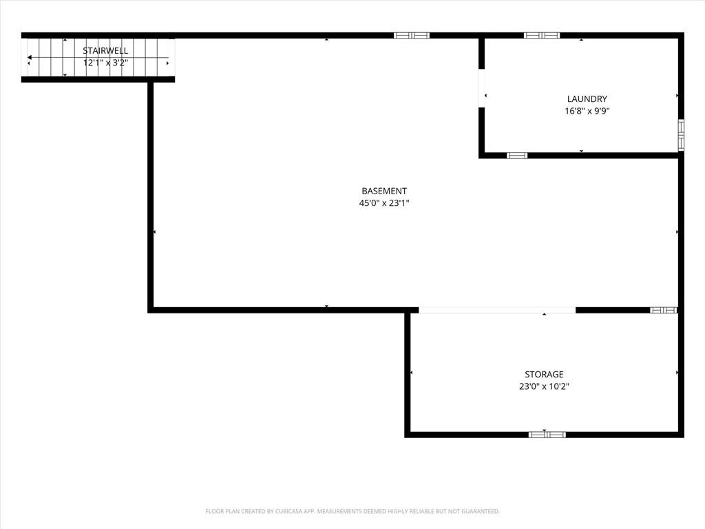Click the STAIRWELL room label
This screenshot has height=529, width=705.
click(x=105, y=50)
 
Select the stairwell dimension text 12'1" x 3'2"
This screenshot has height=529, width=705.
click(x=105, y=63)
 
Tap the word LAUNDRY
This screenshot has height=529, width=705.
click(x=587, y=99)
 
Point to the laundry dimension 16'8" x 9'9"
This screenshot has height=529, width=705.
click(x=587, y=111)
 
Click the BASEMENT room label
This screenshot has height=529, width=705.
click(x=384, y=191)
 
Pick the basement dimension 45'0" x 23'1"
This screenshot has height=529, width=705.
click(x=384, y=203)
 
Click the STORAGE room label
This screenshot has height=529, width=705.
click(x=544, y=374)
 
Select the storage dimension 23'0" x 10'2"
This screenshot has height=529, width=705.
click(x=544, y=386)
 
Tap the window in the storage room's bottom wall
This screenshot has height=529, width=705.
click(x=547, y=435)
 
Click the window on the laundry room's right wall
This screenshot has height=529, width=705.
click(x=681, y=135)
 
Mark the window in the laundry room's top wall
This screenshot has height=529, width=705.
click(x=542, y=36)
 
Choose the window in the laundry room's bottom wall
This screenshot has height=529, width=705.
click(x=517, y=156)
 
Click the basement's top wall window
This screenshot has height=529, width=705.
click(x=412, y=36)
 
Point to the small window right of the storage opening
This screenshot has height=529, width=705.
click(x=664, y=310)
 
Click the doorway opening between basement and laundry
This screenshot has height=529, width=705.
click(x=481, y=87)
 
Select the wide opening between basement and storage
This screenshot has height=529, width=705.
click(x=497, y=310)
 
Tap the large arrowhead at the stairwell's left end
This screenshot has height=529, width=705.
click(x=29, y=58)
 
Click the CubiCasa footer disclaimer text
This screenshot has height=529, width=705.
click(x=352, y=511)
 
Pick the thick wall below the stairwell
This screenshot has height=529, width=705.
click(x=98, y=80)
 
